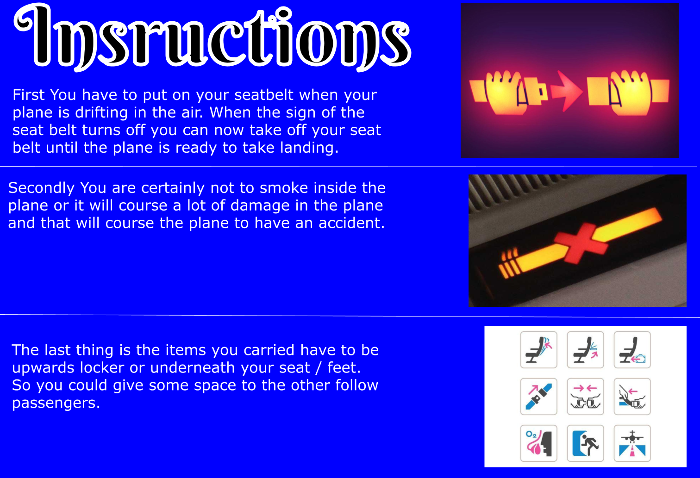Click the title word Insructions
tap(212, 37)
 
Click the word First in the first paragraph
tap(28, 95)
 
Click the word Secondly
tap(41, 188)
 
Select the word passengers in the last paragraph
tap(56, 403)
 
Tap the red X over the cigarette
tap(581, 243)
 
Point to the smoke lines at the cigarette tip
tap(508, 263)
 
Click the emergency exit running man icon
tap(585, 443)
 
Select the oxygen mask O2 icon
tap(539, 443)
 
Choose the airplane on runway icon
tap(632, 443)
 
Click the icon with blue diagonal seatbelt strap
tap(539, 397)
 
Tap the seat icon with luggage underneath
tap(632, 350)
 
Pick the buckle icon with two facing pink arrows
tap(585, 397)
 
